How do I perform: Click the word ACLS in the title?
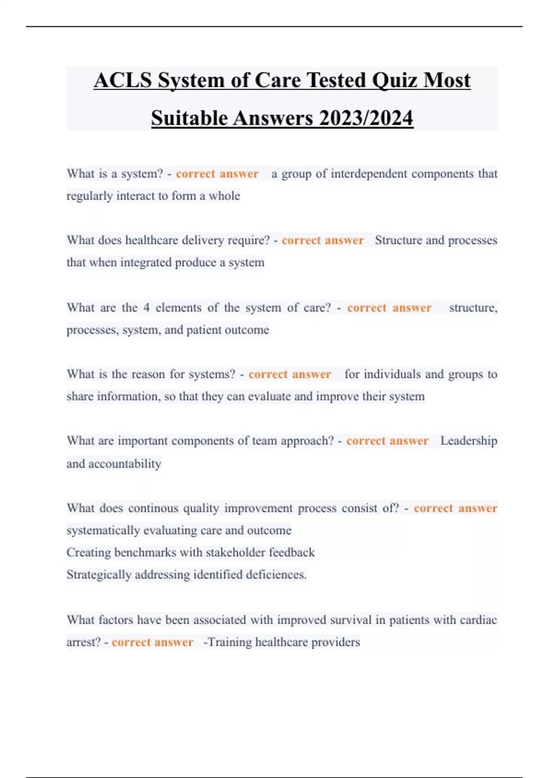click(x=123, y=81)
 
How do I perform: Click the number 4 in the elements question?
click(x=146, y=308)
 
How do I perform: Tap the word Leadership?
click(x=468, y=441)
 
